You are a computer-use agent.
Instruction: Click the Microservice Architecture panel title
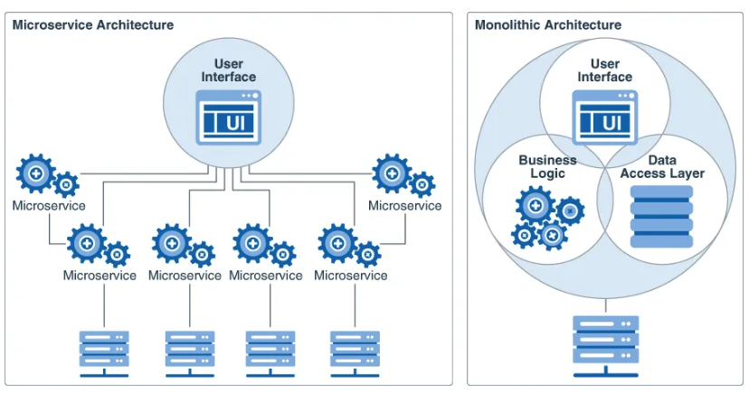(x=92, y=24)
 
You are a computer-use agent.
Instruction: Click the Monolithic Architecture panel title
(x=548, y=24)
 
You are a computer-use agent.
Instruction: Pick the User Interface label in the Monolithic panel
(x=605, y=70)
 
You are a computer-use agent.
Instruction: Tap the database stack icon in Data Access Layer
(x=660, y=217)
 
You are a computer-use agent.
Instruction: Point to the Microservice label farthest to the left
(x=49, y=206)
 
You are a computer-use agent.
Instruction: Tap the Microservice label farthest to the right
(x=404, y=206)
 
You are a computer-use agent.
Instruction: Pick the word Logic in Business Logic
(x=547, y=173)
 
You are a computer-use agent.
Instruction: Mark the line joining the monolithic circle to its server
(x=606, y=306)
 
